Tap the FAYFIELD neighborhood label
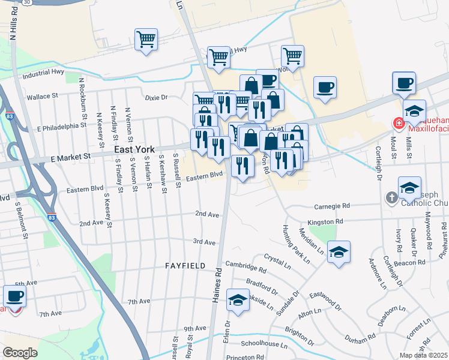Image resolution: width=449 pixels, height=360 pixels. point(185,265)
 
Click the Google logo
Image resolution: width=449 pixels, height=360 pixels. point(20,352)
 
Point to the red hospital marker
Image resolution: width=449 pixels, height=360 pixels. point(399,124)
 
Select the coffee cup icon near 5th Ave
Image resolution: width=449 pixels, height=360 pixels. point(14,296)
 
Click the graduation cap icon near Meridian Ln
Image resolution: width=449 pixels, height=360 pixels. point(339,253)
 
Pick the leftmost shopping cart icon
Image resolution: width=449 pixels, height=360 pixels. point(146,40)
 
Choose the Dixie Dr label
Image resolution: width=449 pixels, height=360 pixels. point(156,97)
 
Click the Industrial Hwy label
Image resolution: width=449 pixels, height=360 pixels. point(43,74)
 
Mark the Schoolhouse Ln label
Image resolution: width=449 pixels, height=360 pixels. point(264,344)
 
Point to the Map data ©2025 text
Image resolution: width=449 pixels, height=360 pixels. point(423,356)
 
